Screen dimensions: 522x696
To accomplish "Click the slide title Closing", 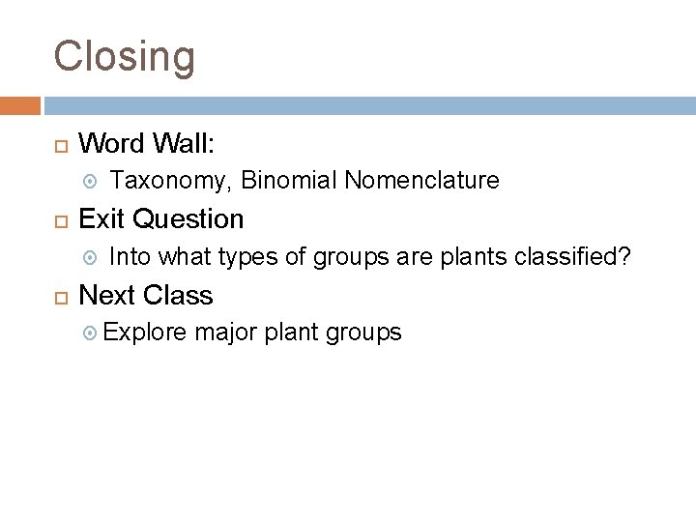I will [125, 57].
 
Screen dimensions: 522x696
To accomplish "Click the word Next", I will [106, 294].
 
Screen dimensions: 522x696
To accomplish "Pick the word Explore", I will [145, 333].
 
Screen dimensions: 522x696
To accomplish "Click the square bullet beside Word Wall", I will [59, 145].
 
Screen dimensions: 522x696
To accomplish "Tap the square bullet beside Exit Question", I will [59, 220].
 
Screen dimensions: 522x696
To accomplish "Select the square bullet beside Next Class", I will [59, 296].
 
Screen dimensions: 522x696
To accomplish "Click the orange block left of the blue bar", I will [19, 105].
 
